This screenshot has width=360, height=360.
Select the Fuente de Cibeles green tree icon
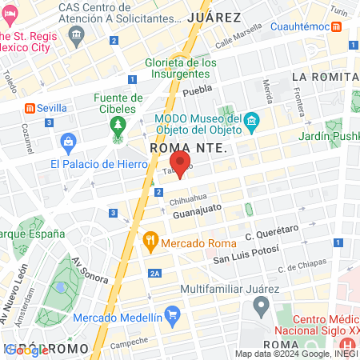point(119,126)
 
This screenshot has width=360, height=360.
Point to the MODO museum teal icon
point(252,122)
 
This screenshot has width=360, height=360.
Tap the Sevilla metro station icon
point(30,107)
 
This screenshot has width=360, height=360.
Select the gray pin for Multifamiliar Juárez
point(261,305)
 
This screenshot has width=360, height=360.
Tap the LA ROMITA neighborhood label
point(325,76)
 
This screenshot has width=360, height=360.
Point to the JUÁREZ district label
point(214,17)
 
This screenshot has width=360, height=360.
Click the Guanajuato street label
point(196,213)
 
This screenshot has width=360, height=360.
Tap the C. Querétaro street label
point(272,233)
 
